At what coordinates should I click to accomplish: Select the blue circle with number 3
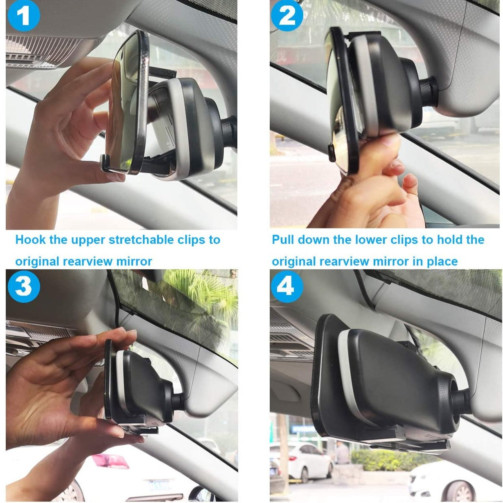[x=24, y=286]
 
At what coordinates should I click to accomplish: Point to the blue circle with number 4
[x=287, y=286]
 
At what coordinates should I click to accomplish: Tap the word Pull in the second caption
[x=283, y=239]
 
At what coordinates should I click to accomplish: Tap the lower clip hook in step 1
[x=106, y=163]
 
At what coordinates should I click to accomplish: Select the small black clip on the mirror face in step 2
[x=332, y=153]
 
